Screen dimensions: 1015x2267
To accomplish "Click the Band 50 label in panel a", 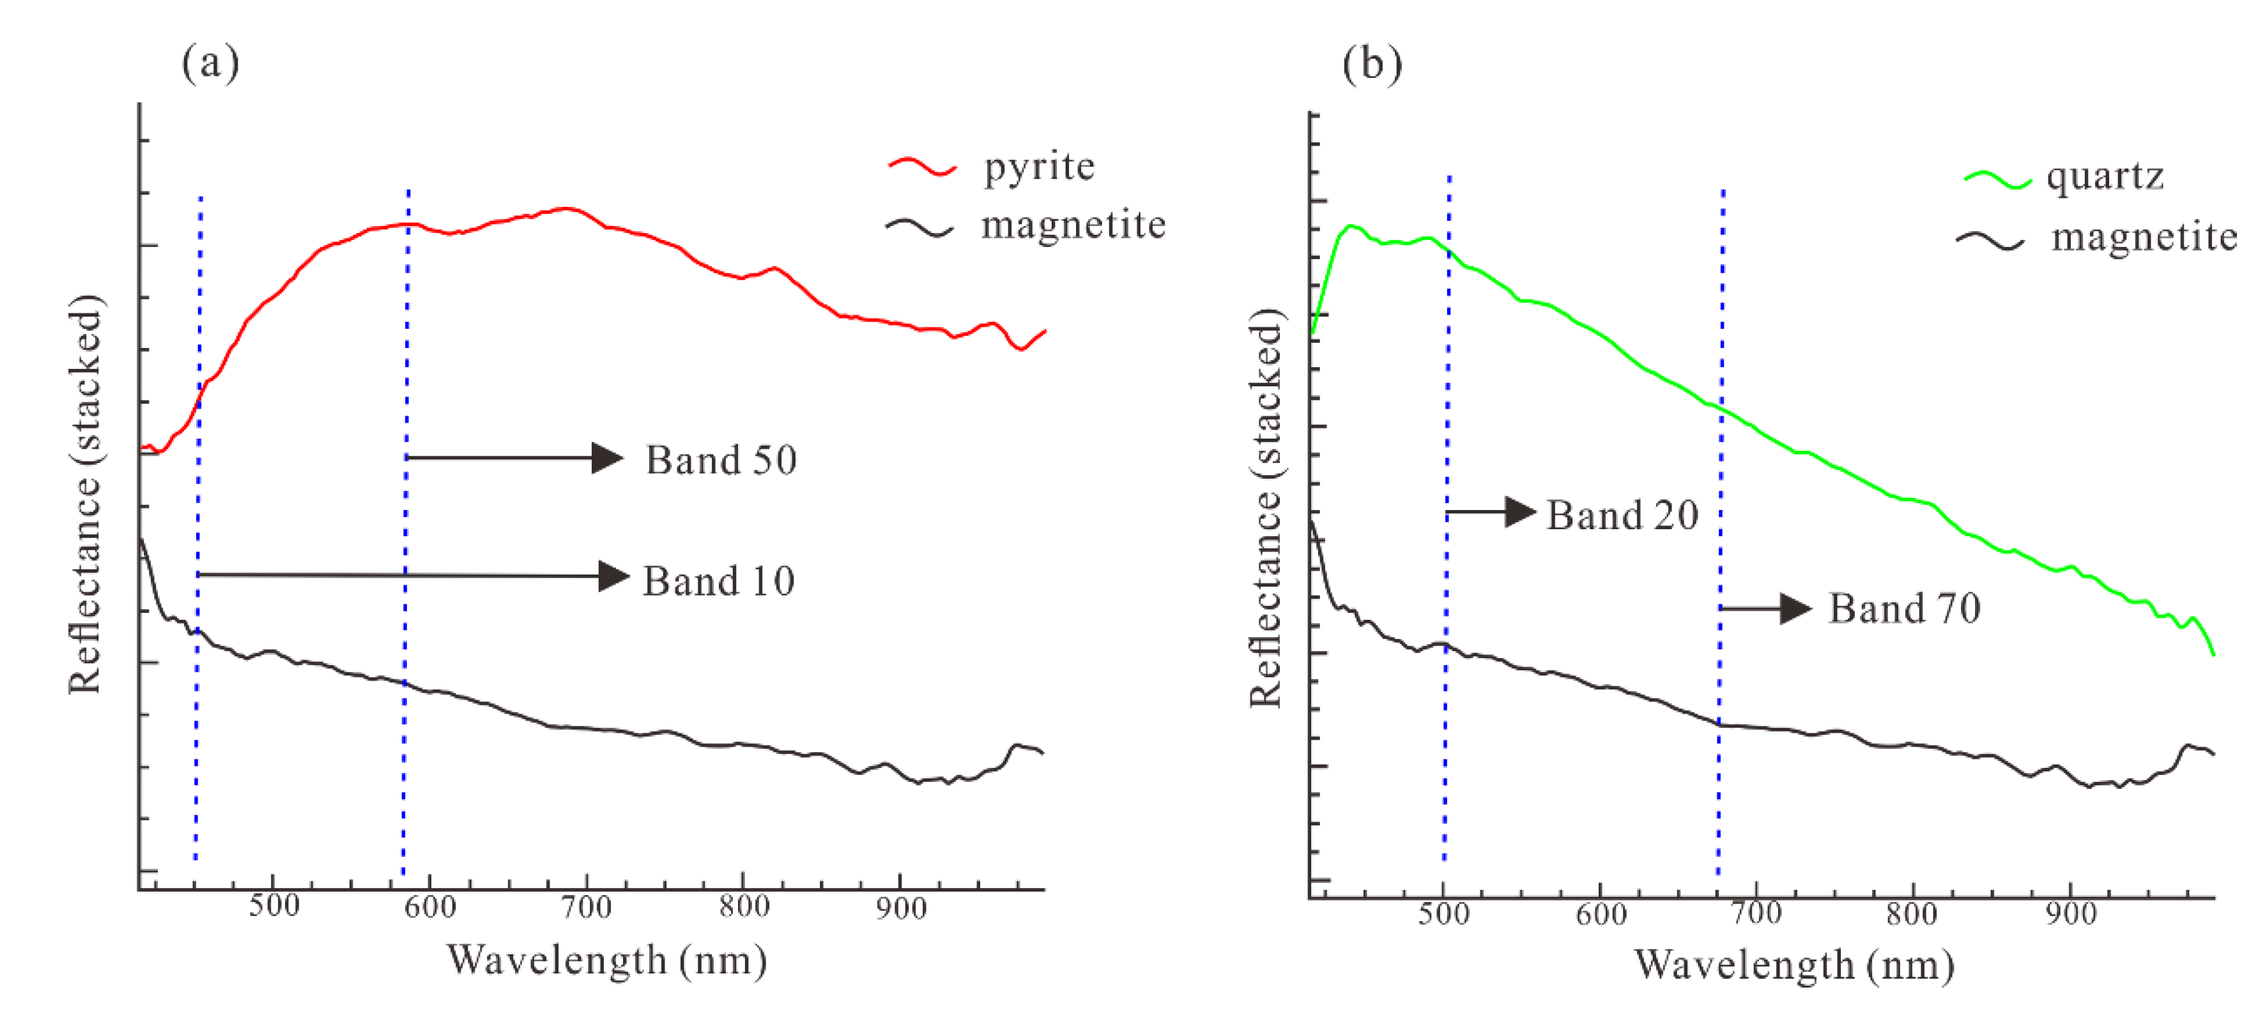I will [721, 460].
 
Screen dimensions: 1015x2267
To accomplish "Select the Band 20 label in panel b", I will [1622, 515].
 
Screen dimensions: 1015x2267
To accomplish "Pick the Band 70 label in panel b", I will [1905, 608].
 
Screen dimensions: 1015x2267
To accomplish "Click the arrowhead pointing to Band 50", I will [607, 457].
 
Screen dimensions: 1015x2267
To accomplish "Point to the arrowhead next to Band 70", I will [1795, 608].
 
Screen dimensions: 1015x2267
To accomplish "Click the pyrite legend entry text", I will [1038, 166].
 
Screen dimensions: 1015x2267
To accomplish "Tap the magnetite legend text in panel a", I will [1073, 225].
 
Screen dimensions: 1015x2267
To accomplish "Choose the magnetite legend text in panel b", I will [2144, 237].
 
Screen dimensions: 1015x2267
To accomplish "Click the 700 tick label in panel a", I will [586, 907].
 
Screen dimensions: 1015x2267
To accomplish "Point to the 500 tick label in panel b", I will [1443, 914].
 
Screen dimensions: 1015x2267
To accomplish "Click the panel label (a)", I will [210, 63].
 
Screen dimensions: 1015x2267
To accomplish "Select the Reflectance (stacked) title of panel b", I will [1266, 508].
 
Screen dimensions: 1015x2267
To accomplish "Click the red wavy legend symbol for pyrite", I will [921, 166].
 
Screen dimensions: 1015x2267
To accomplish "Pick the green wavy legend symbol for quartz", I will [1998, 179].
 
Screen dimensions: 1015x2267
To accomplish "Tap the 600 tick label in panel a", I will [431, 907].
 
